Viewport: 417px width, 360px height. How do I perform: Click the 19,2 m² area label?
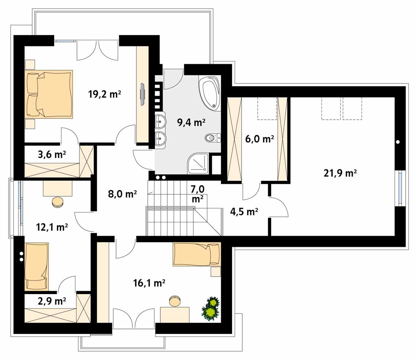pos(105,94)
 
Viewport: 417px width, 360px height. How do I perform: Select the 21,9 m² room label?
pos(340,173)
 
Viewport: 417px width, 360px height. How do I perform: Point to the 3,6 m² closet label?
pos(52,154)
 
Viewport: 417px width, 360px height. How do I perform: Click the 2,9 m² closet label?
pos(52,301)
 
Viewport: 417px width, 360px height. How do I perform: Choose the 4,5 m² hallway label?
pos(244,212)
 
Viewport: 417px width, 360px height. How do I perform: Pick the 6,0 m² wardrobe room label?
pos(259,138)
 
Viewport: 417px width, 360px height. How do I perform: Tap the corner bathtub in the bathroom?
pos(209,92)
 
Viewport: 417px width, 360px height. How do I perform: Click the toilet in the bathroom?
pos(213,138)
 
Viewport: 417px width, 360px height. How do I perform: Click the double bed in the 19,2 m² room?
pos(49,94)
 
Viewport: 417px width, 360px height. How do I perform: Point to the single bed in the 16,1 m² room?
pos(197,254)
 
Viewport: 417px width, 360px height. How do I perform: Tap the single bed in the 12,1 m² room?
pos(37,266)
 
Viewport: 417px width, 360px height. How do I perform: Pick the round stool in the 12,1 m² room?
pos(57,202)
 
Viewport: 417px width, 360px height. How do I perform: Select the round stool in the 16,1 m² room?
pos(175,301)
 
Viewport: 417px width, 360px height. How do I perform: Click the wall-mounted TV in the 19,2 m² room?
pos(143,94)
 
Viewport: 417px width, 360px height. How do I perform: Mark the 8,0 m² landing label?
pos(122,194)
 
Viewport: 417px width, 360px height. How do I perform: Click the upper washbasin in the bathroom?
pos(160,121)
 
